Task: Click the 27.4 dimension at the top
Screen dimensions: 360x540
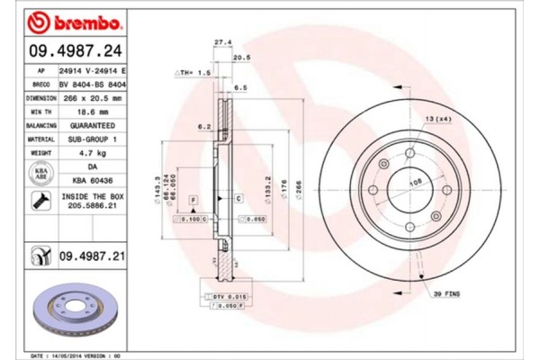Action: pos(222,41)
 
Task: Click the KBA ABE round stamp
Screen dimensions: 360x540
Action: pos(40,174)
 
